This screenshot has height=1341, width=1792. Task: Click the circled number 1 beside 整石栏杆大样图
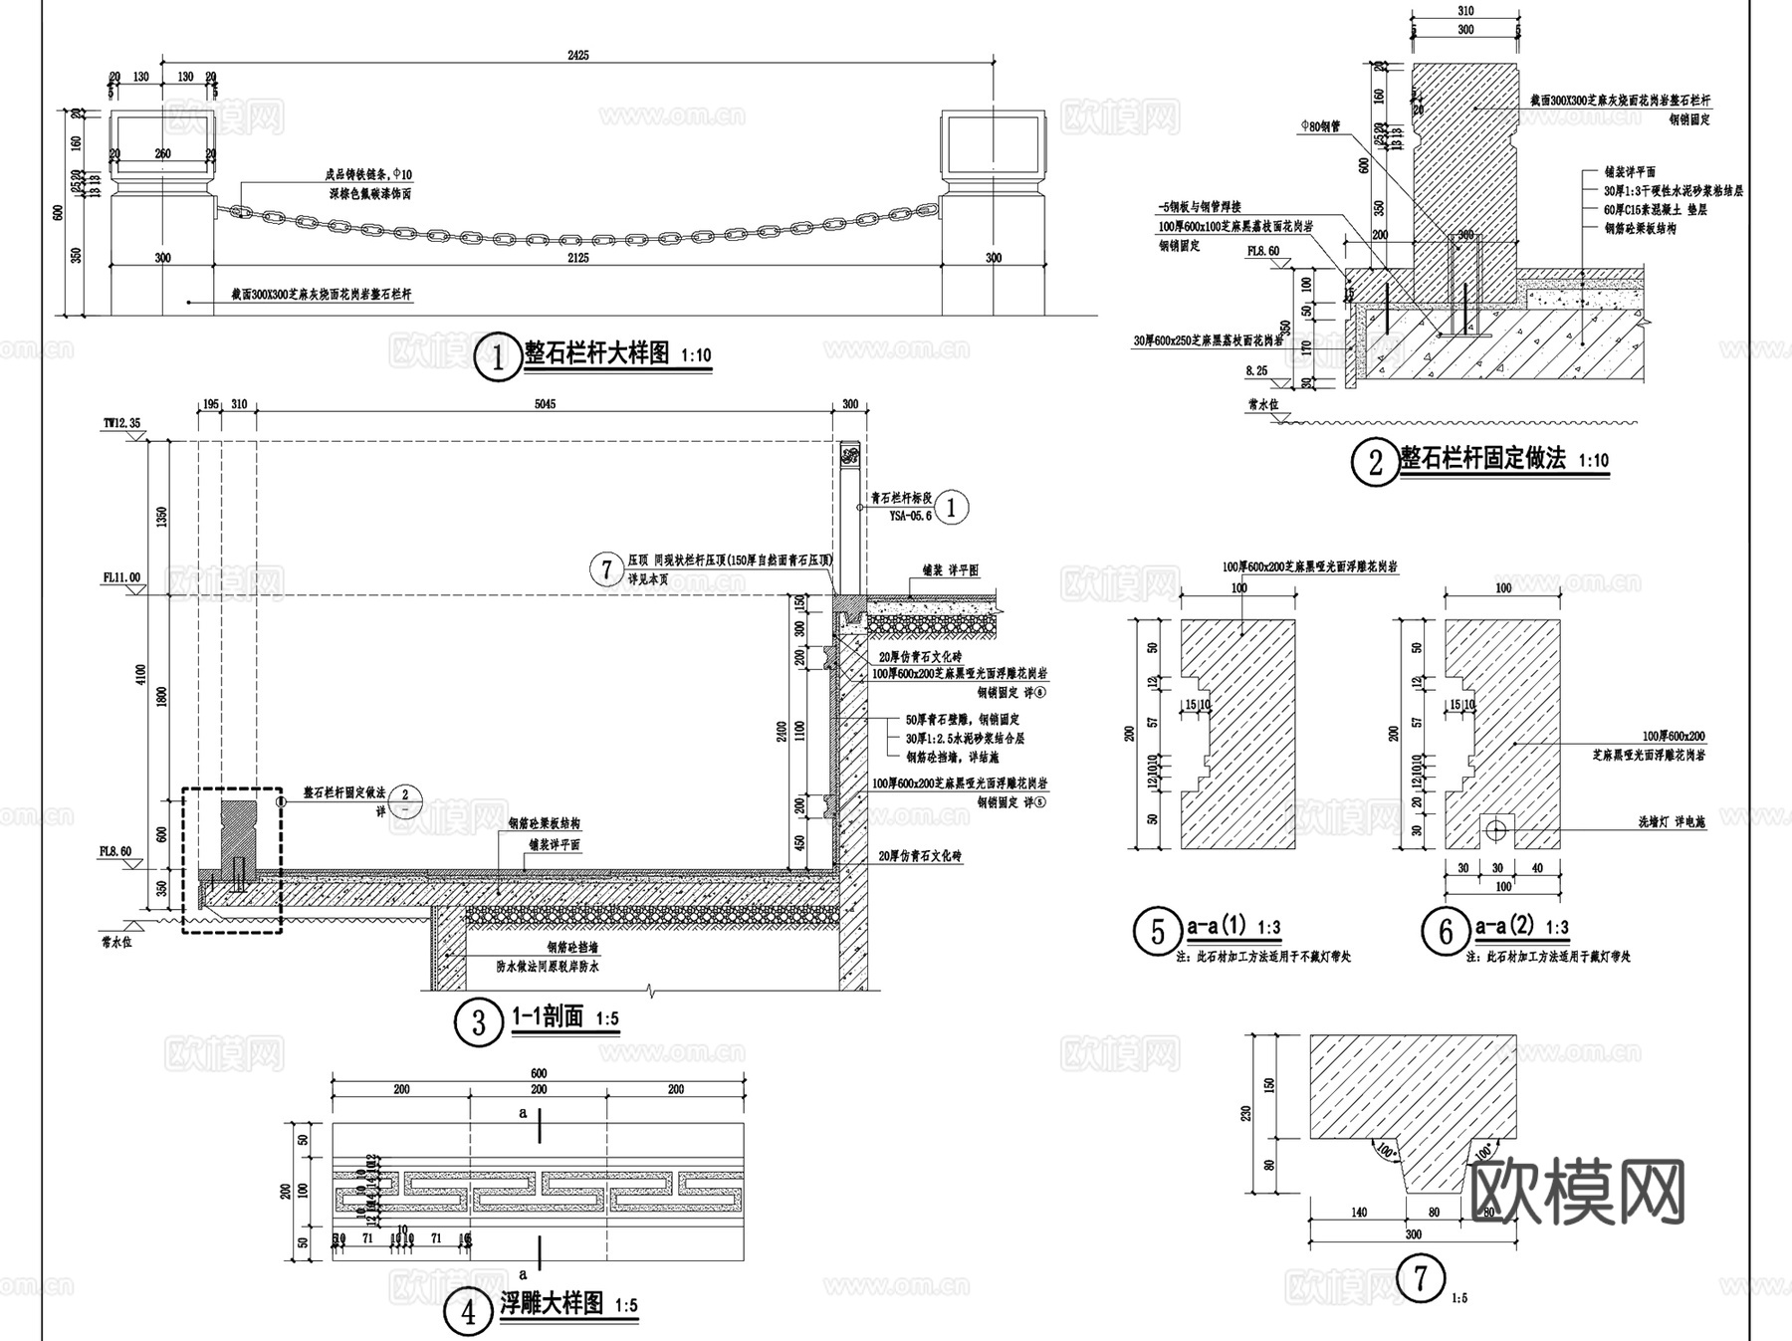(x=497, y=356)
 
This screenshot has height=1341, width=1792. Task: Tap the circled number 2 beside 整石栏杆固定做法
(x=1375, y=462)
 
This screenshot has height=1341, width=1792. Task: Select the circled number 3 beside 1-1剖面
(x=478, y=1021)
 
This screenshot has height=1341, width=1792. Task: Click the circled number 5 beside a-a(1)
(x=1157, y=932)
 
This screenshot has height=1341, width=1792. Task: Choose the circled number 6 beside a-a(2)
(x=1446, y=932)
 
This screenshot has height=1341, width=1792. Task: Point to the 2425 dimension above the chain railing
(x=577, y=55)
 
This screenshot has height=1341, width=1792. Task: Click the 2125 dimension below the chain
(x=577, y=258)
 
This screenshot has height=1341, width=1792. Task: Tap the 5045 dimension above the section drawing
(x=545, y=404)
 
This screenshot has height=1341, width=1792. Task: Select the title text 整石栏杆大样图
(x=597, y=353)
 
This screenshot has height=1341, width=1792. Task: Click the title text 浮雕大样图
(x=552, y=1304)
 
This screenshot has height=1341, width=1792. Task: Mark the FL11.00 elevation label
(x=120, y=577)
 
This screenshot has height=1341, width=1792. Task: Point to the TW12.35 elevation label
(x=121, y=423)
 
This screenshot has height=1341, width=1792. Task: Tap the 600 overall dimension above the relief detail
(x=538, y=1073)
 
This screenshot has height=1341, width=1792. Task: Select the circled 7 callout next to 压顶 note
(x=606, y=569)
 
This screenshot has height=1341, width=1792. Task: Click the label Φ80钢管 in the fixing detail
(x=1320, y=126)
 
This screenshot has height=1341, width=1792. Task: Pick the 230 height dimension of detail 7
(x=1246, y=1113)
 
